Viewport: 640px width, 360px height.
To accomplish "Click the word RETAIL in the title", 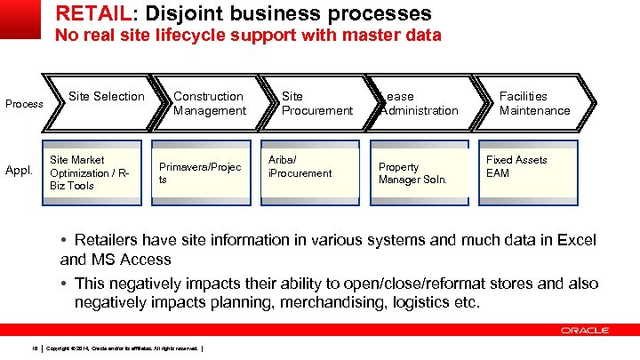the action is pos(87,14).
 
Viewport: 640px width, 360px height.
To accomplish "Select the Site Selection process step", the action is pos(106,96).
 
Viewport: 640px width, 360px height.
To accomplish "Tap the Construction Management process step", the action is pos(209,103).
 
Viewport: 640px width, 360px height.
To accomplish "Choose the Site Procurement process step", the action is pos(316,103).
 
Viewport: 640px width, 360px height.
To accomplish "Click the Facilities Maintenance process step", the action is pos(534,103).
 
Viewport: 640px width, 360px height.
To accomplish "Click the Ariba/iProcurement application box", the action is pos(308,166).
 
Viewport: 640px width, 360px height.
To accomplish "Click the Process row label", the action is pos(24,104).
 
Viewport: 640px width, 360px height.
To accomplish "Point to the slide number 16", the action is pos(33,347).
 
